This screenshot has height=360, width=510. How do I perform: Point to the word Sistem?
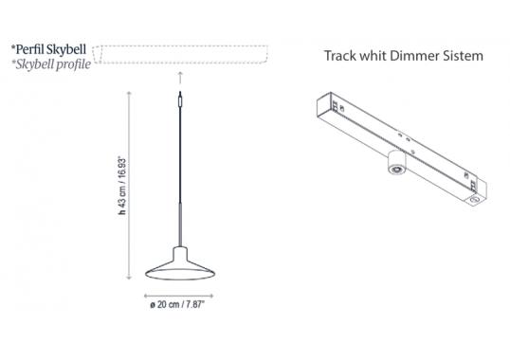coord(464,56)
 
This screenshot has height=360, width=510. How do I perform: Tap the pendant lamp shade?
coord(180,266)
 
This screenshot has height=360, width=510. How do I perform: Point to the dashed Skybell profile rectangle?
coord(180,50)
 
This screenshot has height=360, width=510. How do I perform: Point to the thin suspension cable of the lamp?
coord(179,161)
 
